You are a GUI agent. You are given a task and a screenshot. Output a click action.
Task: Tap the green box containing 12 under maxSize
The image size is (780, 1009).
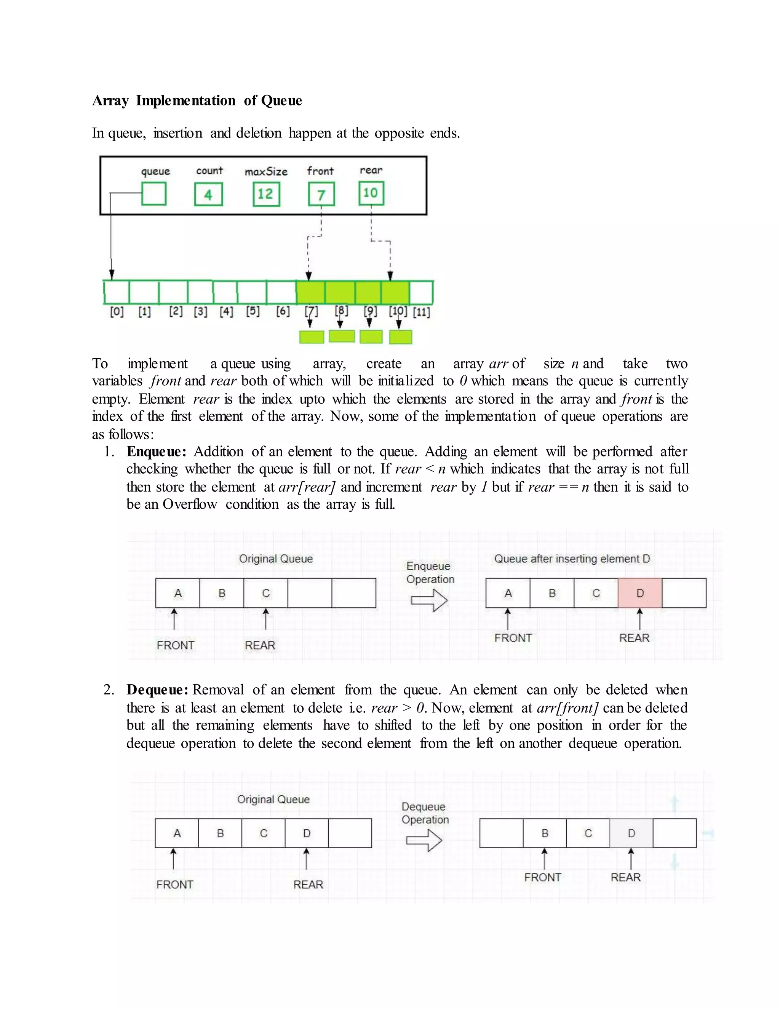tap(266, 194)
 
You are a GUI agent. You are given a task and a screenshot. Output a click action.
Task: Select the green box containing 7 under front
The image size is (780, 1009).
tap(321, 195)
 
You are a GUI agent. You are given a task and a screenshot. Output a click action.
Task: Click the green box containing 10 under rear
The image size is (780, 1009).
tap(371, 193)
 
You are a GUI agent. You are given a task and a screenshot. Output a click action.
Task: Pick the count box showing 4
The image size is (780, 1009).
tap(208, 195)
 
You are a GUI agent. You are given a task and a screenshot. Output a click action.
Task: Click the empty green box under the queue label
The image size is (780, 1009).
tap(153, 193)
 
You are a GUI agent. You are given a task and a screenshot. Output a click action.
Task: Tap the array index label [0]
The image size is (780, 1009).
tap(117, 312)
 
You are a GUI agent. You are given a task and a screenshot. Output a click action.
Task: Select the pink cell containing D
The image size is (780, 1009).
tap(639, 593)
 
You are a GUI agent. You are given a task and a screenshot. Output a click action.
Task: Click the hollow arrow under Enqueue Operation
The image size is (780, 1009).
tap(429, 600)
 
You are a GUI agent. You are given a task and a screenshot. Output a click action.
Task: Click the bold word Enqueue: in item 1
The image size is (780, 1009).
tap(156, 451)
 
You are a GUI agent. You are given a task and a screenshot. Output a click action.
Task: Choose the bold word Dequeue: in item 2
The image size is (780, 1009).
tap(157, 690)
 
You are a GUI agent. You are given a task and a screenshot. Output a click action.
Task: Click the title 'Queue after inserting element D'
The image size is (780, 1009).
tap(572, 559)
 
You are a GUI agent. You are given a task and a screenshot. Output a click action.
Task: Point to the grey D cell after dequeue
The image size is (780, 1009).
tap(631, 833)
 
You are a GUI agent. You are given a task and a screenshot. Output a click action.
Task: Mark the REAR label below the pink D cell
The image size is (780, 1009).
tap(634, 638)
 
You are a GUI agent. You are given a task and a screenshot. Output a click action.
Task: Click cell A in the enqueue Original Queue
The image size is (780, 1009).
tap(177, 593)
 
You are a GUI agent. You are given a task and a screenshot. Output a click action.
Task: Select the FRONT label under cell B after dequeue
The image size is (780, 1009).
tap(542, 877)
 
